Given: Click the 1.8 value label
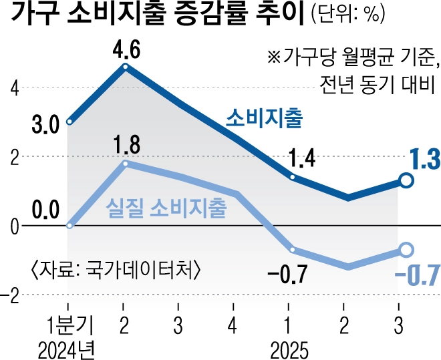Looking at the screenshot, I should (x=126, y=144).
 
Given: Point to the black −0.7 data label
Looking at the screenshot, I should (x=285, y=274).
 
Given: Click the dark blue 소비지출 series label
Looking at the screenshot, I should (x=264, y=119).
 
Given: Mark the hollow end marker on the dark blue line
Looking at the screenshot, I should (x=406, y=180).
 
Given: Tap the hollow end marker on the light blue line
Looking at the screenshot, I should (x=406, y=250).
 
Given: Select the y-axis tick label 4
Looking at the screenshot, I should (x=13, y=87).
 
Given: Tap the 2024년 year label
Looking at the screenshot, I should (x=68, y=349).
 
